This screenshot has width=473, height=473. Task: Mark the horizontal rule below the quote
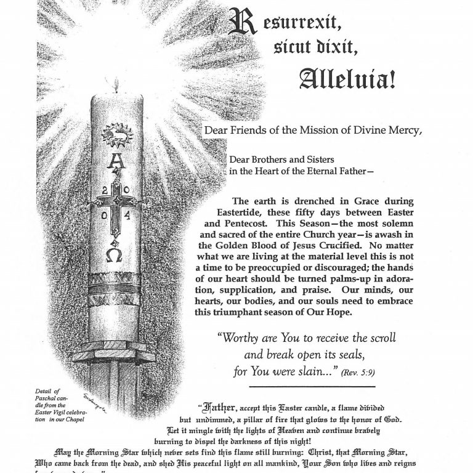(312, 386)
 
